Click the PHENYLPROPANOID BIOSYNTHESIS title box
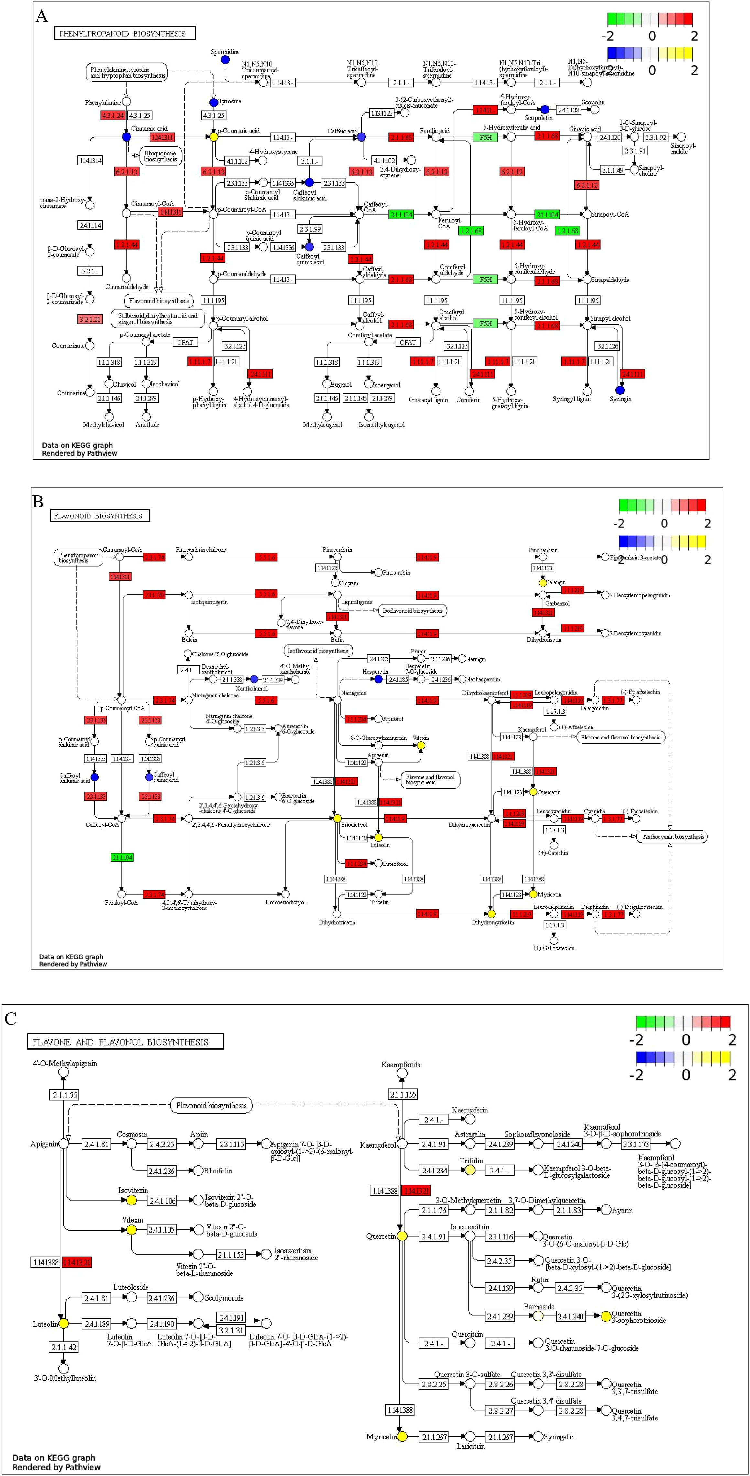tap(125, 33)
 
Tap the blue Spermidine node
tap(225, 59)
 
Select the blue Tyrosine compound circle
tap(214, 102)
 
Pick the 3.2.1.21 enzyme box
tap(90, 319)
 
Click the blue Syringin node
tap(620, 390)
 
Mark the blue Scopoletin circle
tap(545, 110)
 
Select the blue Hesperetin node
tap(378, 679)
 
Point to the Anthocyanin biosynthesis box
tap(673, 836)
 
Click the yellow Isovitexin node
tap(131, 1200)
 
